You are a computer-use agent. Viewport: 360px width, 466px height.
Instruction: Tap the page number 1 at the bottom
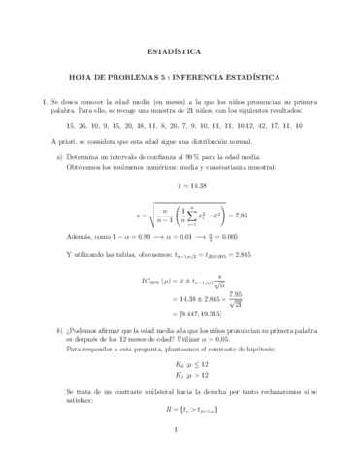pyautogui.click(x=180, y=455)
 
